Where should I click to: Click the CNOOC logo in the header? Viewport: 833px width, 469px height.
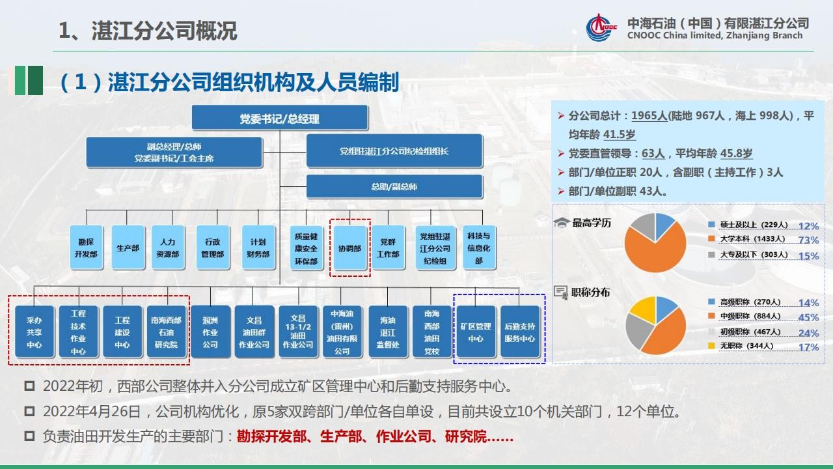tap(600, 27)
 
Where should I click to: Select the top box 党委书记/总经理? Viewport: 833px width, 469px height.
tap(280, 118)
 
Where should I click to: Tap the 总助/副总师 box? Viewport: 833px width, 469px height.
tap(394, 186)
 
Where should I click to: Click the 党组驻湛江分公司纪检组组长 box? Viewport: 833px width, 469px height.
tap(394, 150)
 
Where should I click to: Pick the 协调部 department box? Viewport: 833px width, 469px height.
tap(350, 248)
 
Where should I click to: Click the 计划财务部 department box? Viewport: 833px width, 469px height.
tap(258, 248)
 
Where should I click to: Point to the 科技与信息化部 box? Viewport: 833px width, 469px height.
tap(479, 248)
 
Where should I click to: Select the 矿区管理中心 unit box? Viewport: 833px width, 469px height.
tap(476, 332)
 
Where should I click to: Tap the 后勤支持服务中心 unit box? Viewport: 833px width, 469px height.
tap(519, 332)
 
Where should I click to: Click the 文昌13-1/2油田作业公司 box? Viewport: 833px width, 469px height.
tap(298, 332)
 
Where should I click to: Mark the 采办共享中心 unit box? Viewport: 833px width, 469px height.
tap(34, 332)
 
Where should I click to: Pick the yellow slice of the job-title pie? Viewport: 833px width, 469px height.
tap(644, 308)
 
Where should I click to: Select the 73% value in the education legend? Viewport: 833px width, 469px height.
tap(808, 240)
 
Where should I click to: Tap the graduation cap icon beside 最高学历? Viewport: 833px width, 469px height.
tap(562, 223)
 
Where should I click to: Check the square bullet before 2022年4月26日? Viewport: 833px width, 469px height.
tap(29, 411)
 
